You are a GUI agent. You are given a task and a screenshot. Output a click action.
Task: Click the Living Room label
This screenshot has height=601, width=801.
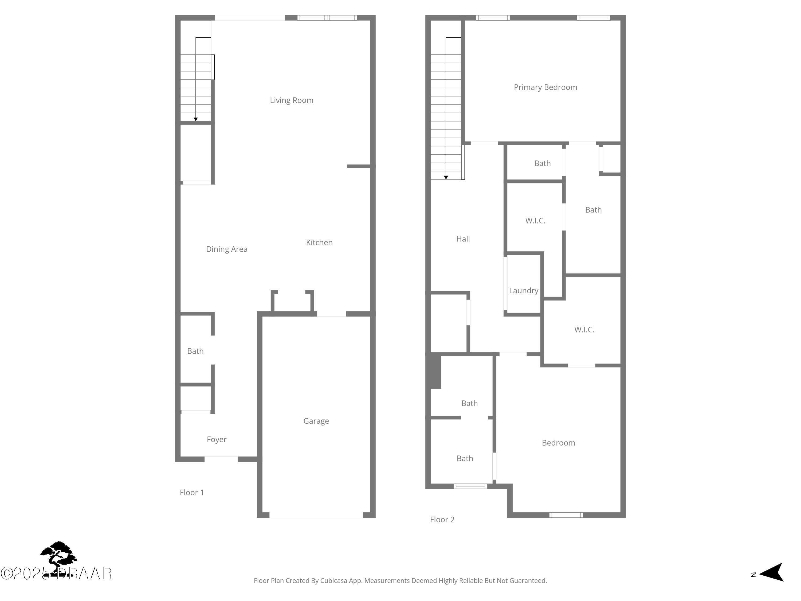[x=292, y=100]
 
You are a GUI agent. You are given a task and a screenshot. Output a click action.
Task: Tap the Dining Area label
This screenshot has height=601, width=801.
[x=227, y=249]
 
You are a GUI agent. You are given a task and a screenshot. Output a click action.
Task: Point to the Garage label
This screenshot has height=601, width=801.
[x=316, y=421]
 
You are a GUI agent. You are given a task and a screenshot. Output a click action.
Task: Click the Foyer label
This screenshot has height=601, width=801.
[x=217, y=439]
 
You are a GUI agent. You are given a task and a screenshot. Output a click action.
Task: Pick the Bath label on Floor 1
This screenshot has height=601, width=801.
[x=195, y=351]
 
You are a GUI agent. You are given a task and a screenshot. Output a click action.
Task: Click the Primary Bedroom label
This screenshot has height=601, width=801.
[x=545, y=87]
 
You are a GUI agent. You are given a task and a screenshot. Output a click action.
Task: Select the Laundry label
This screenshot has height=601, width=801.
[x=523, y=291]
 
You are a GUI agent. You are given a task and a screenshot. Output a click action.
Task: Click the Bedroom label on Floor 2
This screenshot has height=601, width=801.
[x=558, y=443]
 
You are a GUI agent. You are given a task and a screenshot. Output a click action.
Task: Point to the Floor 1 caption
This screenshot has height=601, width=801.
[x=191, y=492]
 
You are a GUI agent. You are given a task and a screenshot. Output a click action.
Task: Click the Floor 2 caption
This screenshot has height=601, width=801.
[x=442, y=520]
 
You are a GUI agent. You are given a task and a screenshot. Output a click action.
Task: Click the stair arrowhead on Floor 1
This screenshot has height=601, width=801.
[x=195, y=119]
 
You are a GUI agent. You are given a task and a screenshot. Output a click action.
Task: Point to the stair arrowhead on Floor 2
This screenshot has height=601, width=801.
[x=446, y=178]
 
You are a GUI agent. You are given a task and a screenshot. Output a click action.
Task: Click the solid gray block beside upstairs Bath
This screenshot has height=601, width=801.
[x=435, y=371]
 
